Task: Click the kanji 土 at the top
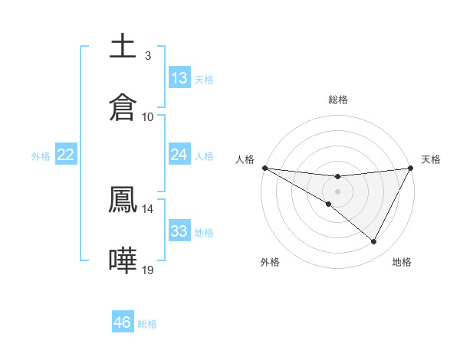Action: click(x=123, y=46)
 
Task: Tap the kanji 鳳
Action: click(x=123, y=199)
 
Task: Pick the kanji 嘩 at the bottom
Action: click(x=123, y=260)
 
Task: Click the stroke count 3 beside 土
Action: click(x=147, y=55)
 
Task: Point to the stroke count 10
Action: click(x=148, y=116)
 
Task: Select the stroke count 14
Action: click(x=148, y=208)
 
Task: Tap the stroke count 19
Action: click(x=148, y=270)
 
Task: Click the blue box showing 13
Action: click(x=179, y=78)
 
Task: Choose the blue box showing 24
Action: click(x=179, y=155)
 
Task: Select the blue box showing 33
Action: click(x=179, y=231)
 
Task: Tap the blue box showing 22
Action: click(x=66, y=155)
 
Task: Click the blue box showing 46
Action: click(x=123, y=322)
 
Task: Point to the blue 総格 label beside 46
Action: click(x=147, y=324)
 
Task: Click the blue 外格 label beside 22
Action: click(x=41, y=156)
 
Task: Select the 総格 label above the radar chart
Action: click(x=337, y=100)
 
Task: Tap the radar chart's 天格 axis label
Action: click(x=432, y=159)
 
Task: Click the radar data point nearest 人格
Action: click(x=264, y=167)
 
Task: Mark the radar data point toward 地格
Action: click(x=374, y=242)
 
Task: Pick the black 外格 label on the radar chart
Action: click(x=270, y=262)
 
